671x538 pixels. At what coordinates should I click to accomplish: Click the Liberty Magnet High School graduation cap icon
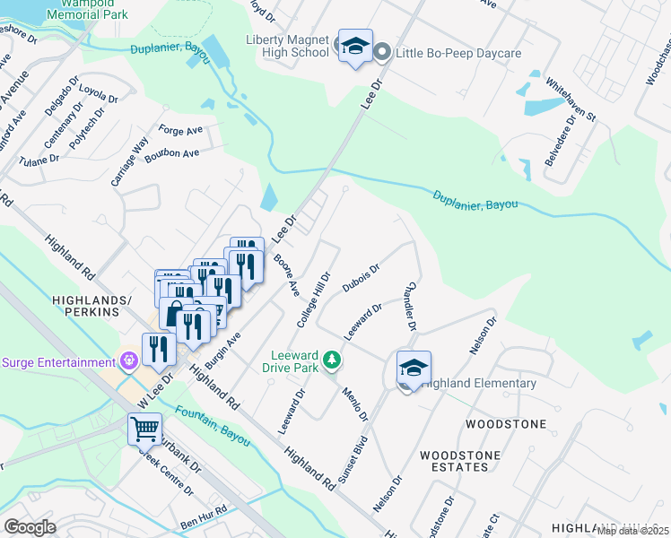[x=355, y=47]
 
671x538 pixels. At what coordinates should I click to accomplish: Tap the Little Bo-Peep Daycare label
[x=455, y=54]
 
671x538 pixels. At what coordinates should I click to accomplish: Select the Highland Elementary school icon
[x=414, y=369]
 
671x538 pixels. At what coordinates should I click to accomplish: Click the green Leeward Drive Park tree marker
[x=333, y=360]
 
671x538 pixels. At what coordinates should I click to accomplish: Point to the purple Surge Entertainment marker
[x=130, y=362]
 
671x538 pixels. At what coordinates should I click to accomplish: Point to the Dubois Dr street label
[x=361, y=278]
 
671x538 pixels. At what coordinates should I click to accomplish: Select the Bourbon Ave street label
[x=178, y=153]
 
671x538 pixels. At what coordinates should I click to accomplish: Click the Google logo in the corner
[x=30, y=527]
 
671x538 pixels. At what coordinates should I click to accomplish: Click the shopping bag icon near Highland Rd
[x=174, y=314]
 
